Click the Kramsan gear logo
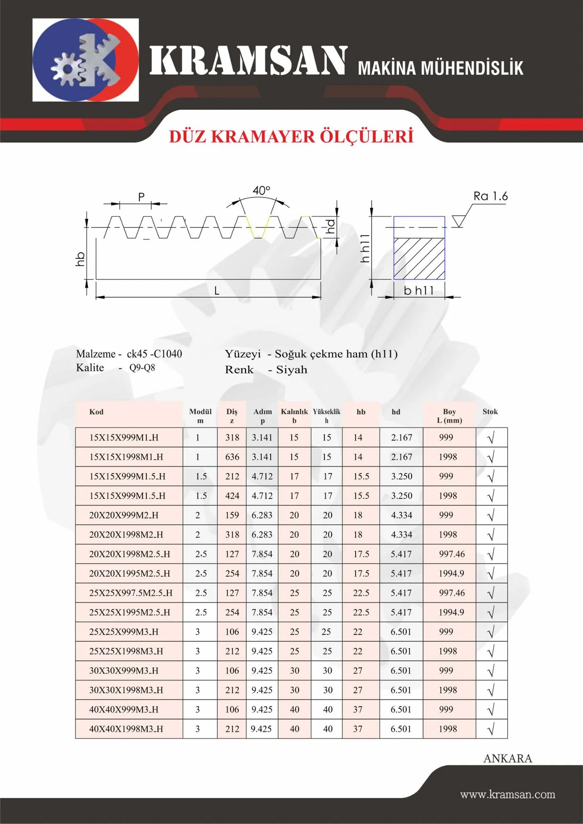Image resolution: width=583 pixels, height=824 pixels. click(85, 60)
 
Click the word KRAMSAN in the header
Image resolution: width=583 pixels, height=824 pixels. click(248, 61)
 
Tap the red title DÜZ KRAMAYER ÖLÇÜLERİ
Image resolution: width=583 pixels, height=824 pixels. click(291, 137)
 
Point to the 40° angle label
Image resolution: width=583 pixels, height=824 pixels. click(261, 190)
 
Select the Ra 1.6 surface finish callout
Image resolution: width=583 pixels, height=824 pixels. click(490, 196)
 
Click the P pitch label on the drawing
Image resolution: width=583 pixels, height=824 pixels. click(141, 197)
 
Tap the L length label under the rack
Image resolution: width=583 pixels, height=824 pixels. click(216, 291)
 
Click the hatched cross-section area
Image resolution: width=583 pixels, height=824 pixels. click(419, 259)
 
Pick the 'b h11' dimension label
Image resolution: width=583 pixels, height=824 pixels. click(419, 290)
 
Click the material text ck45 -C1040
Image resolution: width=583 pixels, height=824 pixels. click(154, 354)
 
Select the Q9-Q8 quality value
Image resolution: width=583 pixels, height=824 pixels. click(142, 368)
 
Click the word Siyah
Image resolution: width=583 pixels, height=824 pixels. click(291, 370)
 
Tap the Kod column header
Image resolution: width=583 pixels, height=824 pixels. click(97, 412)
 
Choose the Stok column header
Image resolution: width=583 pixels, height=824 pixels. click(490, 412)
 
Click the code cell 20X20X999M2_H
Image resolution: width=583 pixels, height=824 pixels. click(124, 515)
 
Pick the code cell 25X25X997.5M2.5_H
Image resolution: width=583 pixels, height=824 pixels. click(131, 593)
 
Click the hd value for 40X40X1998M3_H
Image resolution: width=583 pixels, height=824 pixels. click(401, 729)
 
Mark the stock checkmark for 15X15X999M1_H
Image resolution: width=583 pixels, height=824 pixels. click(491, 438)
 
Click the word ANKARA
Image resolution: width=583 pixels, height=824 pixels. click(508, 758)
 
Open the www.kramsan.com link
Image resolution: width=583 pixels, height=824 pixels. click(508, 795)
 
